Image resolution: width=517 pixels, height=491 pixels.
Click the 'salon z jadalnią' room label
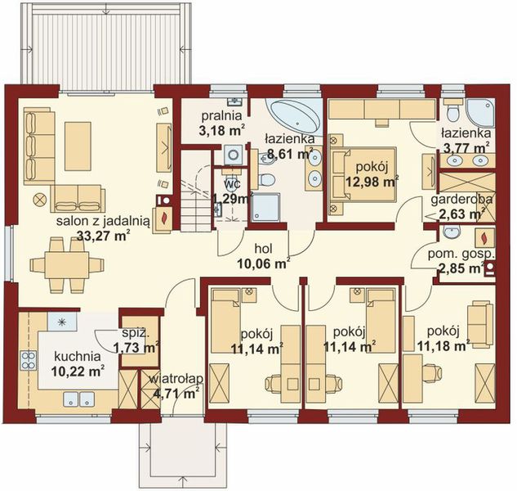point(103,221)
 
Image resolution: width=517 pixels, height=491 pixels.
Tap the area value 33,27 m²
point(103,235)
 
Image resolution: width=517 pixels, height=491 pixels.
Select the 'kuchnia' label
point(78,357)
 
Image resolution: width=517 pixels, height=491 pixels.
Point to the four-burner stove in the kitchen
point(29,361)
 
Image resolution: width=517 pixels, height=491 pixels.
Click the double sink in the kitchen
point(78,399)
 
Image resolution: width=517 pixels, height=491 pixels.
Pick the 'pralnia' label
point(221,116)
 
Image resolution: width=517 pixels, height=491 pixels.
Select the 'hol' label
point(264,250)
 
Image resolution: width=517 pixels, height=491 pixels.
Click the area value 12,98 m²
point(372,182)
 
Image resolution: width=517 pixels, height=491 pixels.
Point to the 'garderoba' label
point(461,200)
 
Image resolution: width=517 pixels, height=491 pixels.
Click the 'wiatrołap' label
point(176,379)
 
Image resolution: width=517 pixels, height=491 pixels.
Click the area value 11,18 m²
point(443,345)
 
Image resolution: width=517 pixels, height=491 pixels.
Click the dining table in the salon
point(67,265)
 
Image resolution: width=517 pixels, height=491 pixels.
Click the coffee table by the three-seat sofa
point(78,146)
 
